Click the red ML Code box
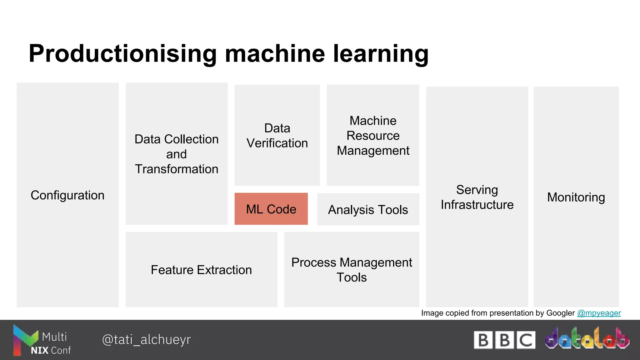(x=271, y=209)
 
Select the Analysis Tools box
(x=368, y=209)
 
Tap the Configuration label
(x=67, y=195)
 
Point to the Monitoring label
(x=576, y=197)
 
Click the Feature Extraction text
(x=201, y=270)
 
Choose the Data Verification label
(x=277, y=136)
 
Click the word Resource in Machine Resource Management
(x=373, y=136)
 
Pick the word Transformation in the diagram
(x=177, y=169)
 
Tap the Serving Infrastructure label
(x=477, y=197)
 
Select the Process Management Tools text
(x=352, y=270)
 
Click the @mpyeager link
(x=599, y=313)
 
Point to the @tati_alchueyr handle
(x=146, y=339)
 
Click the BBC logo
(x=504, y=340)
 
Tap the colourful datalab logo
(x=587, y=339)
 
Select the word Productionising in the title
(x=122, y=54)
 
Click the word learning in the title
(x=381, y=54)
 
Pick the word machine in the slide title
(x=275, y=54)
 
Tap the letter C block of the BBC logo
(x=526, y=340)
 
